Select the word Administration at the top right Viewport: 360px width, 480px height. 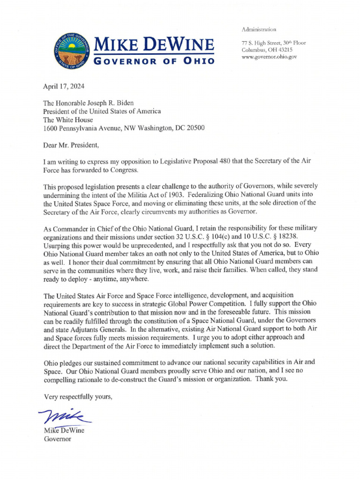[259, 29]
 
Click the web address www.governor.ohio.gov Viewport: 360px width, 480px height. [269, 57]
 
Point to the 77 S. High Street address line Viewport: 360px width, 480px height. [273, 43]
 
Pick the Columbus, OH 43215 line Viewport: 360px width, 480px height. [267, 50]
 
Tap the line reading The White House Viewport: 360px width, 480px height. [68, 120]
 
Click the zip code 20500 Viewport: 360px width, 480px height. [194, 127]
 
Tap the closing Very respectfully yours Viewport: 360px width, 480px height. [78, 397]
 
